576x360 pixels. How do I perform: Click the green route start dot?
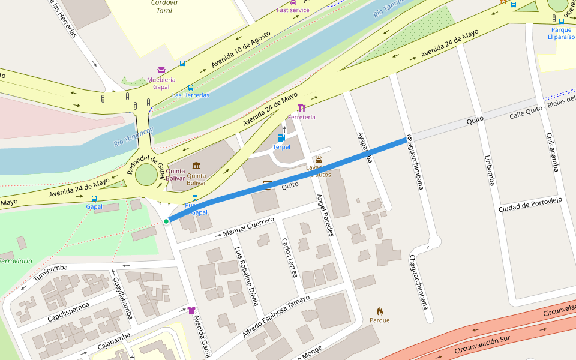click(x=166, y=221)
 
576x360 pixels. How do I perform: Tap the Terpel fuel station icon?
click(x=281, y=138)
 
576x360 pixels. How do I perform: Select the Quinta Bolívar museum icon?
click(x=196, y=166)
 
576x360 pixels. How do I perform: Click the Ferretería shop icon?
click(x=301, y=108)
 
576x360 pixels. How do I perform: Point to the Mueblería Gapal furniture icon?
click(x=161, y=70)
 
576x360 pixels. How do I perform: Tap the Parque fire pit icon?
click(x=379, y=311)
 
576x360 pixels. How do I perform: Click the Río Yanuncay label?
click(x=133, y=137)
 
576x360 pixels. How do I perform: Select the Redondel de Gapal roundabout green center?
click(x=146, y=175)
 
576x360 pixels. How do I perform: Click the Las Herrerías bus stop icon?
click(x=191, y=87)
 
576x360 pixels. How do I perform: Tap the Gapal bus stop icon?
click(x=94, y=198)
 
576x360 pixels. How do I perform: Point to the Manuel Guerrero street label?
click(x=248, y=226)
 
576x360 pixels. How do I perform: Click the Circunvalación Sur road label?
click(x=482, y=344)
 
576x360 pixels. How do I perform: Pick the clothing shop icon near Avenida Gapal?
click(x=191, y=310)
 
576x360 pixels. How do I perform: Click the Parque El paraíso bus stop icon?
click(x=561, y=21)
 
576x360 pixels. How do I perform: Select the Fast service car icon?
click(x=293, y=2)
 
